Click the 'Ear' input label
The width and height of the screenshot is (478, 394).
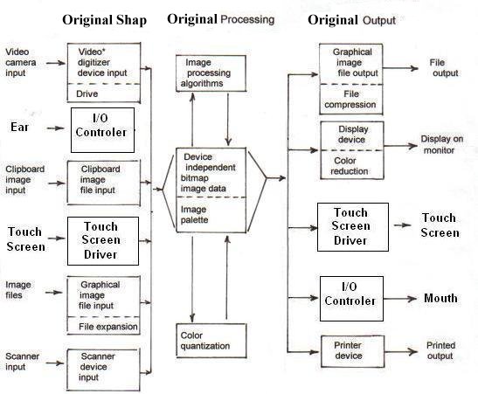(19, 127)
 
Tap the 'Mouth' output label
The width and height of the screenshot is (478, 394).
(440, 298)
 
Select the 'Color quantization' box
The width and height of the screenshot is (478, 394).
(211, 341)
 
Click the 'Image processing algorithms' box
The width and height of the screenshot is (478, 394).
(211, 73)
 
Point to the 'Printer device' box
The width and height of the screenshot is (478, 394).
(353, 351)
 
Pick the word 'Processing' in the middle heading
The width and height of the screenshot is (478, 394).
(247, 20)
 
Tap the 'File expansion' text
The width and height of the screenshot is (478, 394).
(107, 327)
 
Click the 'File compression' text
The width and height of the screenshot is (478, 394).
(350, 100)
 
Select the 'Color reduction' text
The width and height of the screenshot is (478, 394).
(349, 166)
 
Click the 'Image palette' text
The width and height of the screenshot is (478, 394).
(194, 215)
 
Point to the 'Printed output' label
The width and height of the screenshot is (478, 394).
(440, 350)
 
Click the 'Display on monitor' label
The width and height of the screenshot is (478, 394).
(441, 144)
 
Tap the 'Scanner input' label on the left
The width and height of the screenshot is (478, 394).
(22, 362)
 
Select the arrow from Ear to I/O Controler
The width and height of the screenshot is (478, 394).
(55, 128)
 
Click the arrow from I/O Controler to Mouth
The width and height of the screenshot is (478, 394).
(400, 299)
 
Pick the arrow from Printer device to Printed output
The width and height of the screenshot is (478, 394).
(401, 352)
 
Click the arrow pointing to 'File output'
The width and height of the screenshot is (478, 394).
(400, 68)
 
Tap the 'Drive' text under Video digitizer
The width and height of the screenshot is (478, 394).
(87, 93)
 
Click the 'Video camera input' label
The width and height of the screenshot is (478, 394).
(21, 63)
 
